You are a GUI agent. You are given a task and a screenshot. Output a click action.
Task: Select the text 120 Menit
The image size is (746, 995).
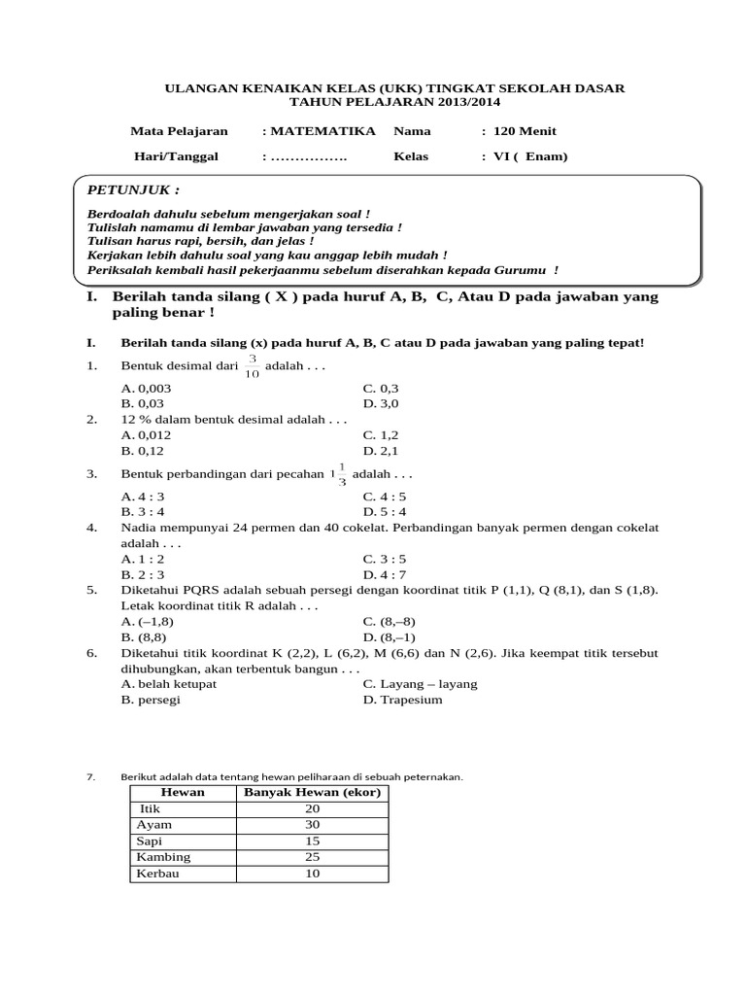point(525,131)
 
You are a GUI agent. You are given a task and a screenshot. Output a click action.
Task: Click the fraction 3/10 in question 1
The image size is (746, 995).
point(252,367)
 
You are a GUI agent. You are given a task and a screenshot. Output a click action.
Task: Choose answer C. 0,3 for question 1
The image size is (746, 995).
point(381,388)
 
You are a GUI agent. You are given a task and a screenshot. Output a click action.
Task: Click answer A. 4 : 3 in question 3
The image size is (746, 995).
point(143,496)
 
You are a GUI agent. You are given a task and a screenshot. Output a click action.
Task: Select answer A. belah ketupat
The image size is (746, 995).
point(169,684)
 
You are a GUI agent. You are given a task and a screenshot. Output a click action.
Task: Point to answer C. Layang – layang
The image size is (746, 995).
point(421,684)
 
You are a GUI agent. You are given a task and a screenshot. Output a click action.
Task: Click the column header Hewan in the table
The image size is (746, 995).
point(183,793)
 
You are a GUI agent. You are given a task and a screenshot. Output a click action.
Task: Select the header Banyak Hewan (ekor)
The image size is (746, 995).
point(312,793)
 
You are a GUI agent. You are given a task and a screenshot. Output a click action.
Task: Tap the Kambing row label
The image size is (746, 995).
point(163,857)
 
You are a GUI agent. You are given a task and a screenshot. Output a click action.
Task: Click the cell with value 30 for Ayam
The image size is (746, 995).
point(312,825)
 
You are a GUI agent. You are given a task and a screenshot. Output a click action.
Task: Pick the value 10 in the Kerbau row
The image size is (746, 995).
point(312,874)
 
